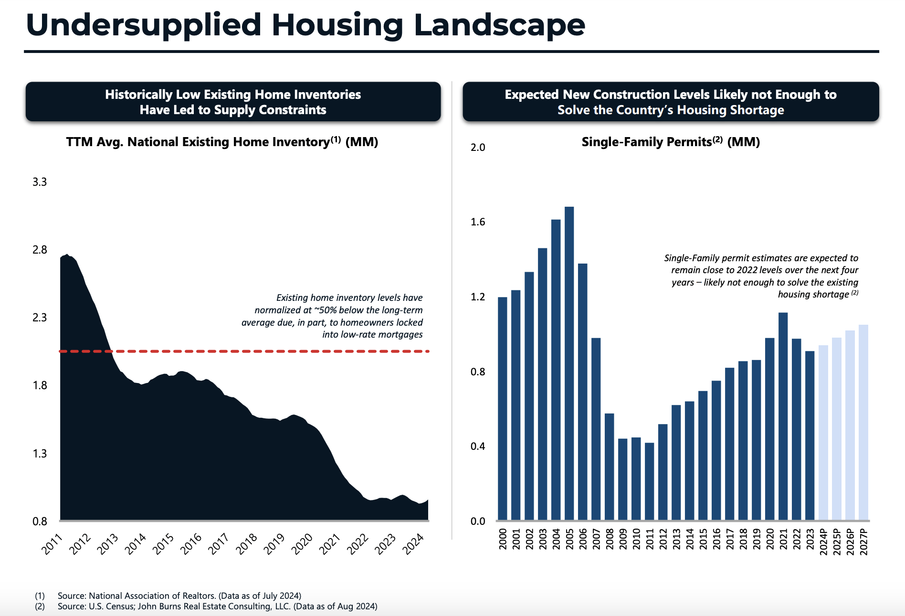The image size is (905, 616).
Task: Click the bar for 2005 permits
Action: [x=569, y=363]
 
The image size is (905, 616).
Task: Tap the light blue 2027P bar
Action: [x=863, y=423]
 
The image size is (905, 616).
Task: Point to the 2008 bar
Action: [x=609, y=467]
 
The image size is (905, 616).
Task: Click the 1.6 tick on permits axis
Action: [x=478, y=222]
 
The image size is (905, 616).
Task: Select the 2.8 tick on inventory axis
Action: [x=40, y=250]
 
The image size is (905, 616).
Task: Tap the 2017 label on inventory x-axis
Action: [x=219, y=544]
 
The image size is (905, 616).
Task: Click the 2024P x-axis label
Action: [x=823, y=542]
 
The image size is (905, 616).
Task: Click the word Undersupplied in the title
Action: [x=144, y=25]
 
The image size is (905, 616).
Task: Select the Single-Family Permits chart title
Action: [x=670, y=142]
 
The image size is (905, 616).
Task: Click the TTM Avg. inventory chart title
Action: [x=222, y=142]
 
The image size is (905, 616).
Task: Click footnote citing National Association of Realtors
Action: [x=179, y=595]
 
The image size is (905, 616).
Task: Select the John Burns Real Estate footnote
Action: [x=217, y=606]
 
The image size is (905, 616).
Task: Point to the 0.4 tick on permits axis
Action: [x=478, y=446]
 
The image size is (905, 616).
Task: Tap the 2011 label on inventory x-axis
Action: [x=52, y=544]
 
